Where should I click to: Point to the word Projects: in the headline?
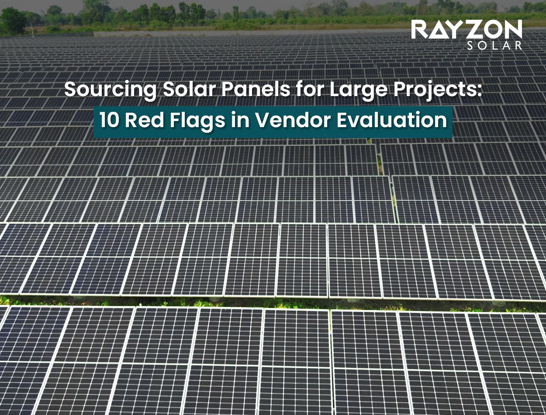tap(436, 90)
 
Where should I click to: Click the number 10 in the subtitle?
tap(108, 121)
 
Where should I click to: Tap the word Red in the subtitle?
tap(140, 121)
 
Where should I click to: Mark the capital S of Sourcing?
tap(70, 90)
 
